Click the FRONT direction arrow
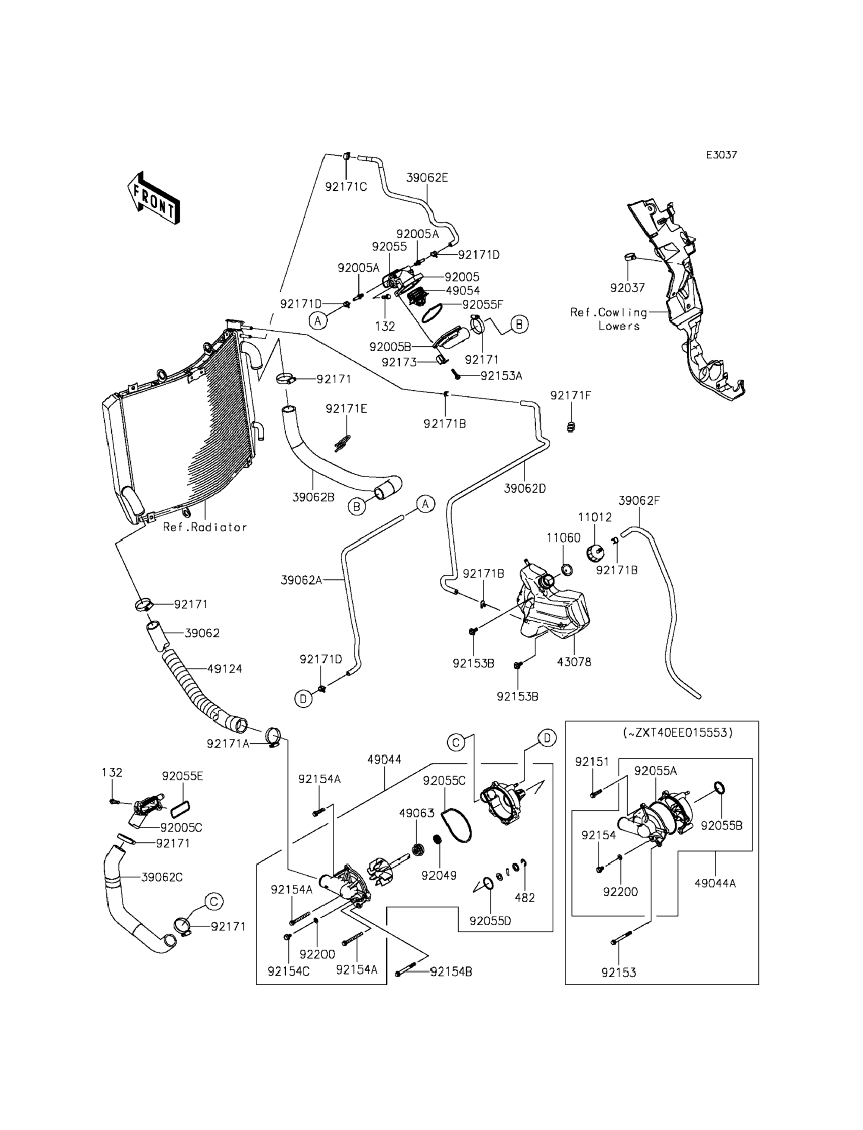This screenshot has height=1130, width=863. [153, 199]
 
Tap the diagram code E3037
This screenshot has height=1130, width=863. [721, 154]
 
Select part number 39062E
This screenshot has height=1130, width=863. [427, 178]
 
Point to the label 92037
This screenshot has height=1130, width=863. [627, 288]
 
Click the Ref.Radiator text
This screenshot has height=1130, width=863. [205, 527]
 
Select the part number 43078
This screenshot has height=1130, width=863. [574, 662]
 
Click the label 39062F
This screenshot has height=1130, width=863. [639, 500]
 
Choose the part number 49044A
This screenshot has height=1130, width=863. [715, 883]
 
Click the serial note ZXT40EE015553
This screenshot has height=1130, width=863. [677, 733]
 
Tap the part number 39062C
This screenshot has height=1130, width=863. [162, 877]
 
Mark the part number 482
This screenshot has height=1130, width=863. [524, 898]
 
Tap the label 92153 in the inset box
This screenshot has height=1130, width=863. [619, 973]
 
